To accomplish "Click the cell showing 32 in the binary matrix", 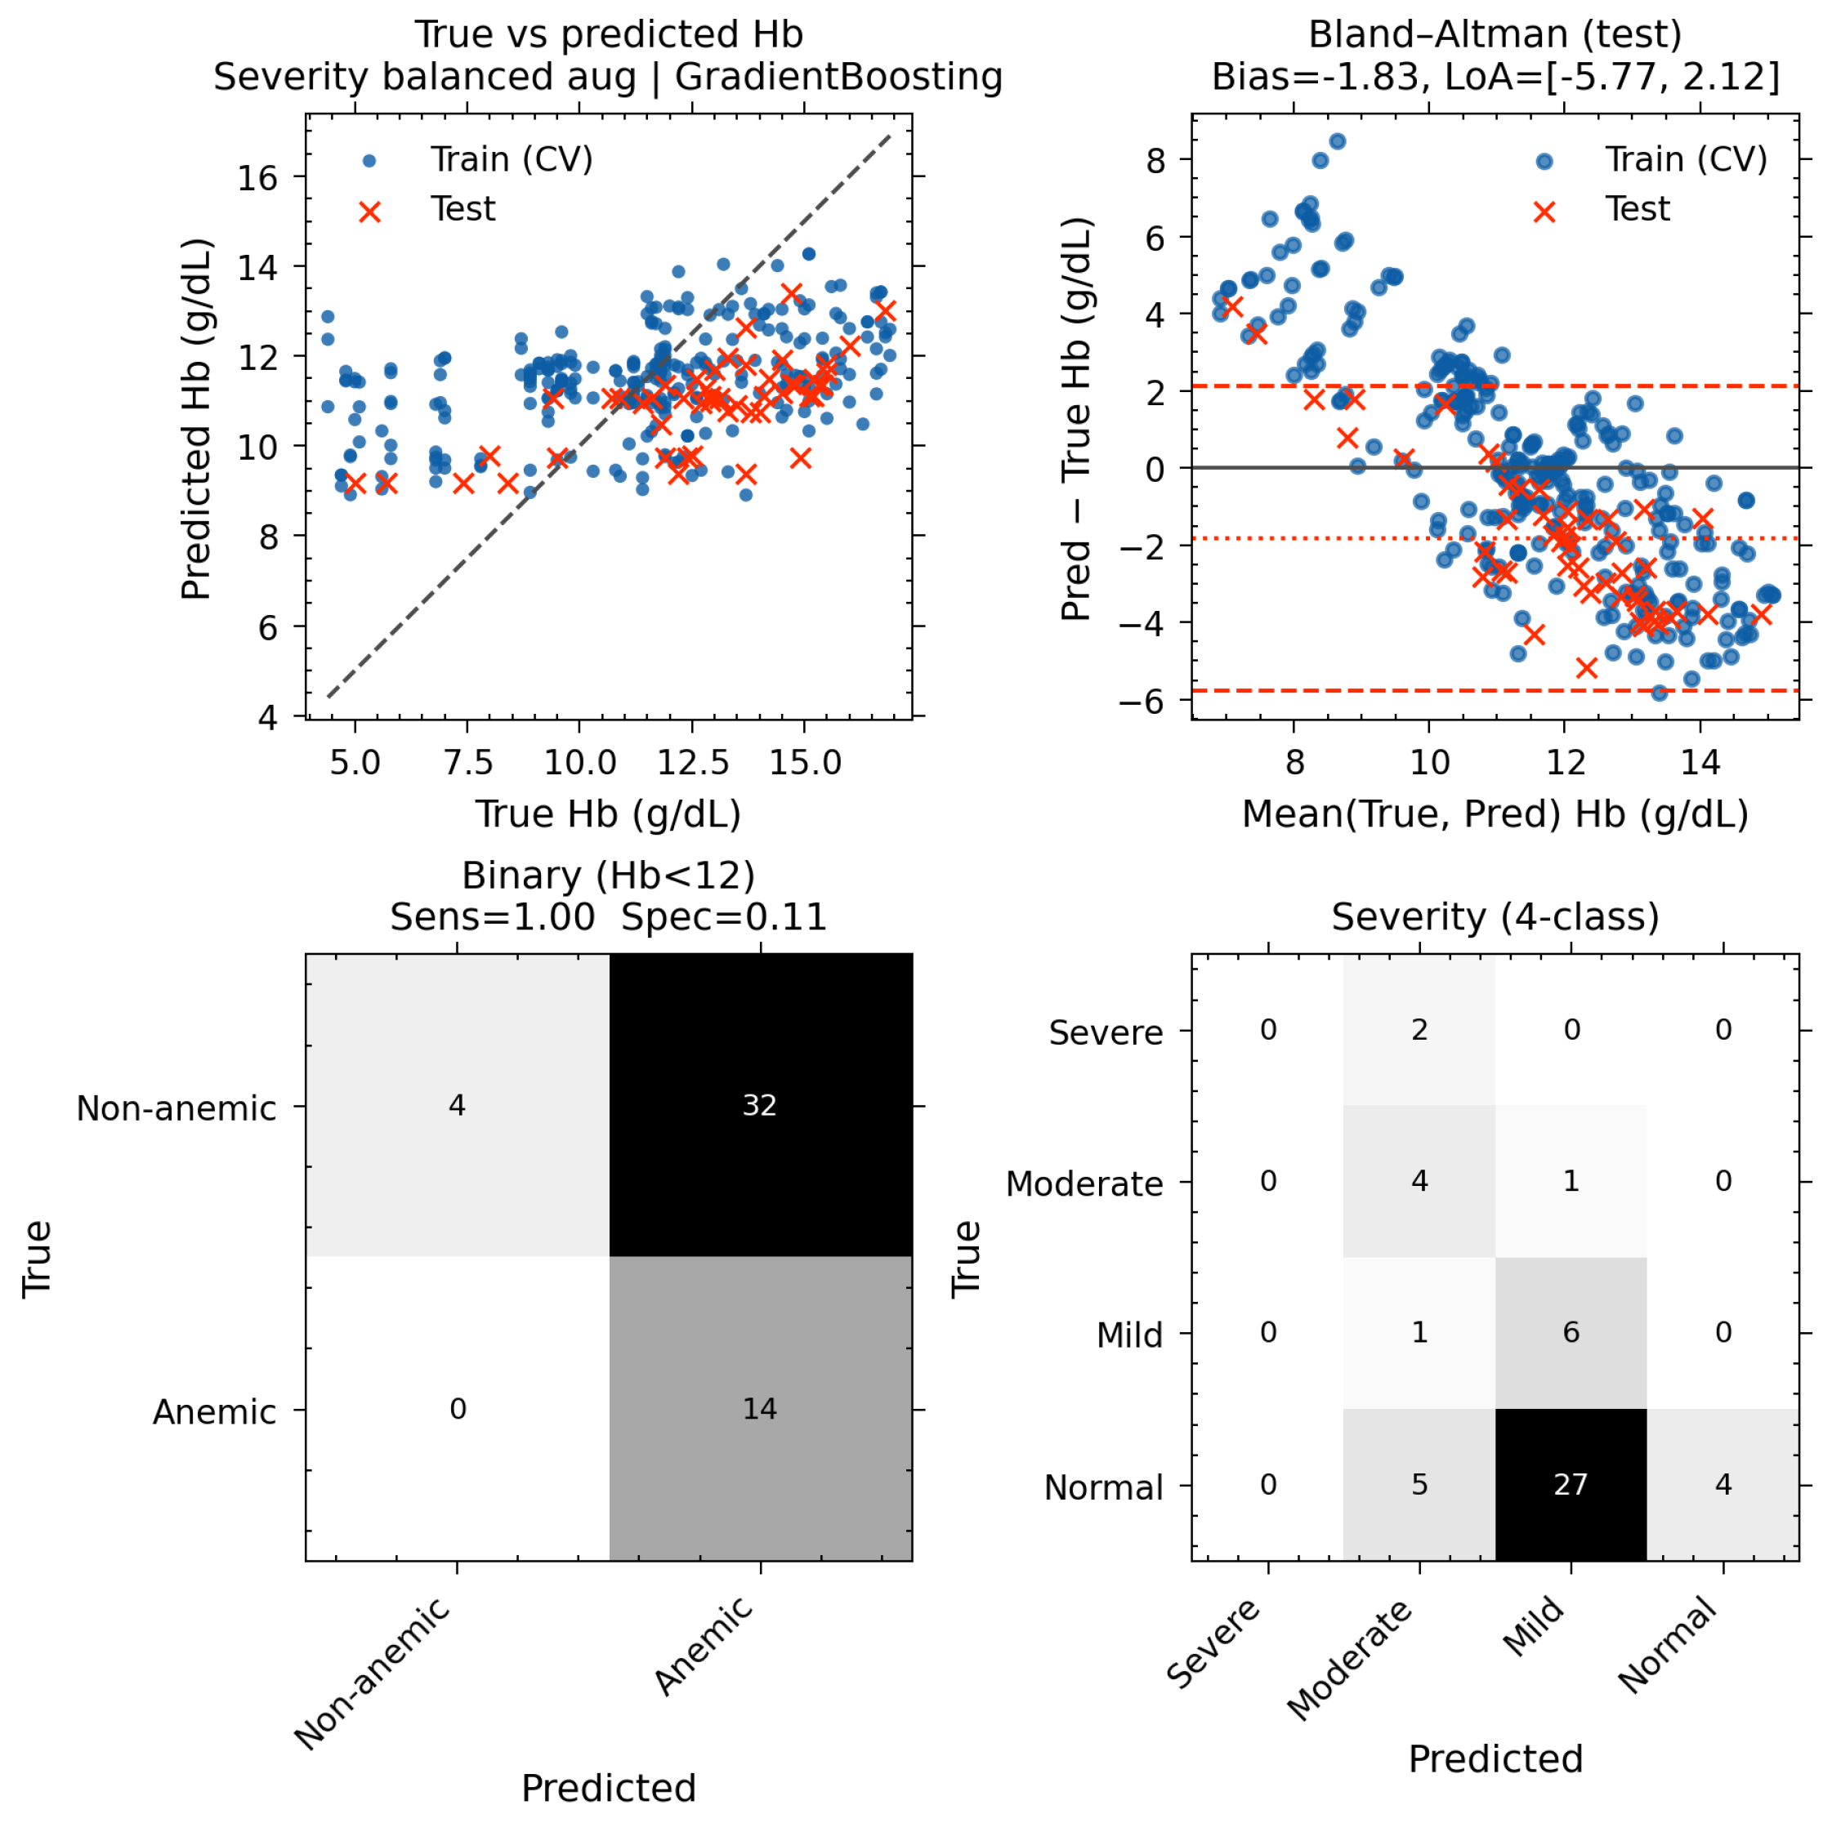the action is click(761, 1105).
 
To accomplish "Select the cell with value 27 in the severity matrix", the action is click(1571, 1485).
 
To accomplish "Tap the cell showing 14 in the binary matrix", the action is click(761, 1409).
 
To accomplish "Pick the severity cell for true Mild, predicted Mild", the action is click(1571, 1333).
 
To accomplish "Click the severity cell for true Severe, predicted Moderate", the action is click(1419, 1030).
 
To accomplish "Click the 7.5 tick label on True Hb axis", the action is click(467, 762).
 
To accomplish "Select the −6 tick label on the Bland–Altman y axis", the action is click(1142, 702).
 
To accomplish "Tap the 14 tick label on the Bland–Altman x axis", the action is click(1700, 762).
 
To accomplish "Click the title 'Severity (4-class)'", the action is click(1495, 916).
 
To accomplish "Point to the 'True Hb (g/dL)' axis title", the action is click(608, 813).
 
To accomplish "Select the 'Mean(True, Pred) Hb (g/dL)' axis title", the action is click(1495, 813).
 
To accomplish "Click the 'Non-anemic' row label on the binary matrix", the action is click(176, 1108).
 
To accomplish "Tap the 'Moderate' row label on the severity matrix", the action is click(1084, 1183).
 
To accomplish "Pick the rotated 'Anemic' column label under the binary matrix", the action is click(704, 1646).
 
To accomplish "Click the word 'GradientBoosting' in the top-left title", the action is click(838, 76).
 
